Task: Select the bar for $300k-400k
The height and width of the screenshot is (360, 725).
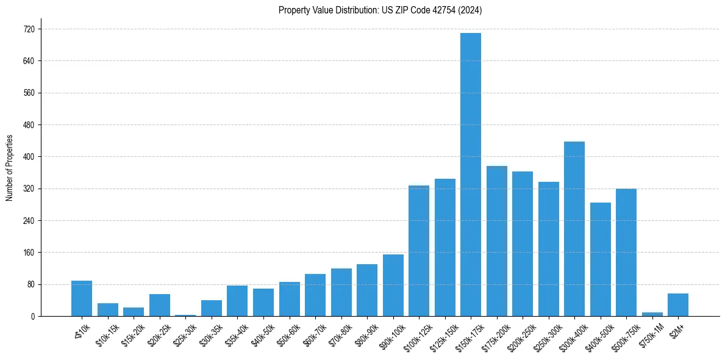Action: [574, 229]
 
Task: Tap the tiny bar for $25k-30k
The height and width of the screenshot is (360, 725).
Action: [185, 315]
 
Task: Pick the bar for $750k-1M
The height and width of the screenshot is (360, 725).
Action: [652, 314]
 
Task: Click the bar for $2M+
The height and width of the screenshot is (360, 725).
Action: [677, 305]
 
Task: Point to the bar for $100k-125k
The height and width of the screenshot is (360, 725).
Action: [418, 251]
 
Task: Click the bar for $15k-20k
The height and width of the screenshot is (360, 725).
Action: [134, 312]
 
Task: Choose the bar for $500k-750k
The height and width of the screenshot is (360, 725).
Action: [626, 253]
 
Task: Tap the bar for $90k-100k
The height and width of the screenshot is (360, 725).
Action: [393, 285]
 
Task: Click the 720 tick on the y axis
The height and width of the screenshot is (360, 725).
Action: [29, 29]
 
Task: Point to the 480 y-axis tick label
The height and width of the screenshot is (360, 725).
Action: [29, 125]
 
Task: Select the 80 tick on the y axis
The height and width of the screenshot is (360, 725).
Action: [30, 284]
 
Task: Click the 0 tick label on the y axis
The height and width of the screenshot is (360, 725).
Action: [32, 316]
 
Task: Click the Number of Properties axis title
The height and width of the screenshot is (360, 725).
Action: [10, 168]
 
